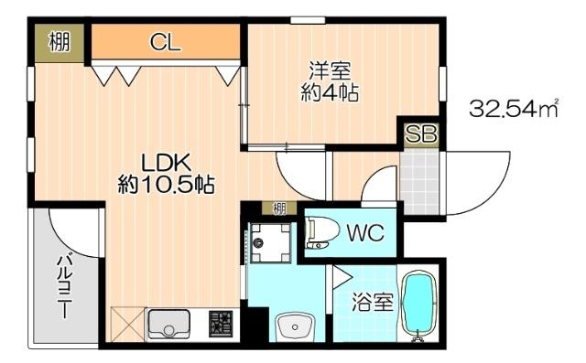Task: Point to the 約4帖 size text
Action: [329, 92]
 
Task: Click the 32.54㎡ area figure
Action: [514, 110]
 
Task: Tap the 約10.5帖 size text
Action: [166, 184]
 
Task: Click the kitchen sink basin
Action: [168, 325]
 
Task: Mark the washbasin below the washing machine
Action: [292, 325]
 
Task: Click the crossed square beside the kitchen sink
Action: [126, 325]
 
